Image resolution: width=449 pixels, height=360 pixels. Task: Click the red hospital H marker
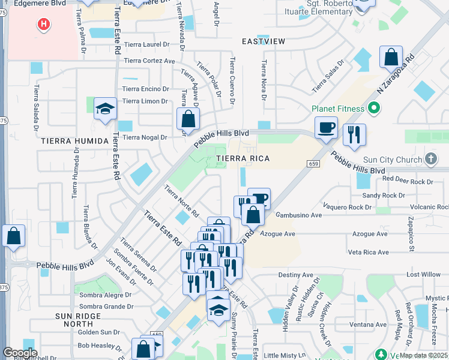[x=43, y=25]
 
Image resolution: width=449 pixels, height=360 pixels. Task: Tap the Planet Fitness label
[x=338, y=109]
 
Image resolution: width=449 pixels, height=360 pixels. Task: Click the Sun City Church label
[x=393, y=160]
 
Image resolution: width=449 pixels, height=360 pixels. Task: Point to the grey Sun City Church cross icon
[x=430, y=159]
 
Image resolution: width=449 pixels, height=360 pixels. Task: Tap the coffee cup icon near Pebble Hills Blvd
[x=326, y=127]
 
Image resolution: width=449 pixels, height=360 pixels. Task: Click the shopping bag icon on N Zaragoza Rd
[x=391, y=58]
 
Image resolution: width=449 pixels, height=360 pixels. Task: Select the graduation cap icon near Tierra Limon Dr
[x=105, y=109]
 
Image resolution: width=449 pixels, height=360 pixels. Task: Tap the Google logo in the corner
[x=20, y=352]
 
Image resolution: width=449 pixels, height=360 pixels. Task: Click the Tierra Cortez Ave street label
[x=149, y=61]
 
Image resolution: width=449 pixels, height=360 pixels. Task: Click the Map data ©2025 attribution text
[x=424, y=355]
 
